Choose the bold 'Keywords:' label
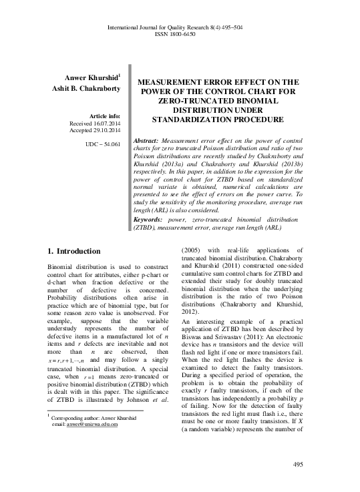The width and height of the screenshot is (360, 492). pyautogui.click(x=152, y=220)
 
